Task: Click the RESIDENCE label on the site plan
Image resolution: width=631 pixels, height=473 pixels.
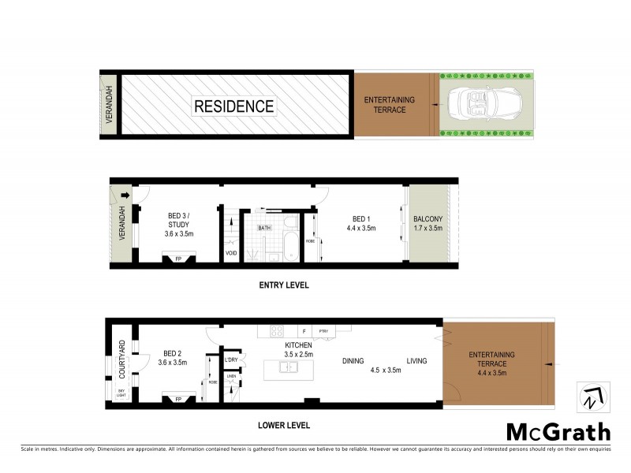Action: point(234,106)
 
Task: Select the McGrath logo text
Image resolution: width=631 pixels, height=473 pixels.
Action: point(558,431)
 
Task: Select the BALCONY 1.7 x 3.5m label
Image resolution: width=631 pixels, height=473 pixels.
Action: point(429,223)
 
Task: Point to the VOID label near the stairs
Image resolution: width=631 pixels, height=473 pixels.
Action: point(230,254)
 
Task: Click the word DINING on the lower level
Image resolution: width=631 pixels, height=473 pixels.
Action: point(353,361)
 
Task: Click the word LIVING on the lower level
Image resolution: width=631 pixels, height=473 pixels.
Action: point(416,361)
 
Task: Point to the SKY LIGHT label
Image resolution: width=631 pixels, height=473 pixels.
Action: point(121,393)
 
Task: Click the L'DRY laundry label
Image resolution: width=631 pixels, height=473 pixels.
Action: point(231,360)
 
